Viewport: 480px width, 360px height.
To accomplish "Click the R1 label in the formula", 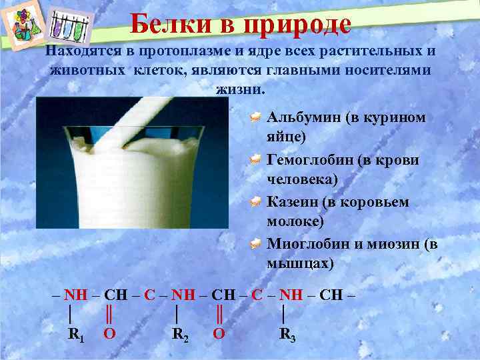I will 77,334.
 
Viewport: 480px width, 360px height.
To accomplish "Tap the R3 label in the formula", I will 287,334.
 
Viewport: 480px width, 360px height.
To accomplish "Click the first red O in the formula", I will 108,333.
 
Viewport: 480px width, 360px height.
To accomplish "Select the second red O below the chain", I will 218,333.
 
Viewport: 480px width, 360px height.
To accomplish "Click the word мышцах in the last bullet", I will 297,264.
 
